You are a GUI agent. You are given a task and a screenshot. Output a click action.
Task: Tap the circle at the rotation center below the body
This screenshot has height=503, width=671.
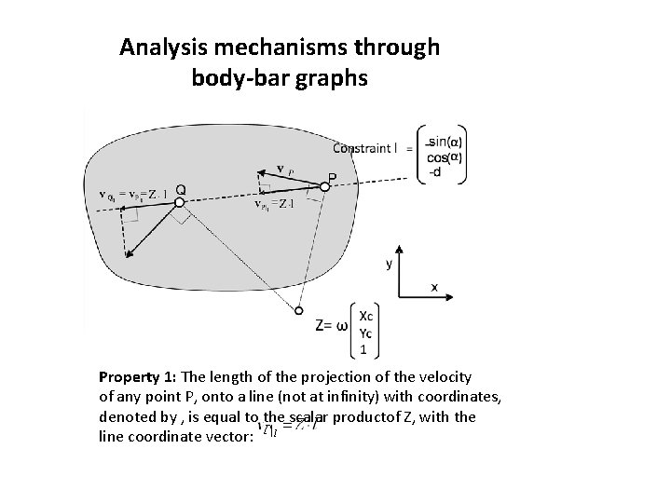(x=300, y=310)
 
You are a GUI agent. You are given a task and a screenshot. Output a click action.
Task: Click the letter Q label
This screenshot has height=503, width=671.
(x=180, y=190)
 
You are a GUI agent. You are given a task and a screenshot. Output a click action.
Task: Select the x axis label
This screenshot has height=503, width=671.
(x=434, y=287)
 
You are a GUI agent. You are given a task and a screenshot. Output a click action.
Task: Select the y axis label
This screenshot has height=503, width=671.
(x=389, y=264)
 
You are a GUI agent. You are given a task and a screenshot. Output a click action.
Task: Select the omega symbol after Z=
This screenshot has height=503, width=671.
(x=342, y=326)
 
